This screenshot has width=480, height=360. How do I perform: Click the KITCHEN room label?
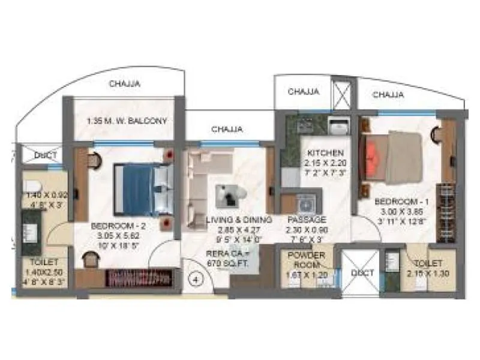[x=322, y=153]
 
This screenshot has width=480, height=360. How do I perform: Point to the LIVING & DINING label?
[x=239, y=220]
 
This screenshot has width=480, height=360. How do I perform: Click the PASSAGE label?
[x=305, y=220]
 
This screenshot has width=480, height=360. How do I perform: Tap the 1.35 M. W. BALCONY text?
[x=126, y=121]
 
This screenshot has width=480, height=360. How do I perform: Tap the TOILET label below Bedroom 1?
[x=428, y=263]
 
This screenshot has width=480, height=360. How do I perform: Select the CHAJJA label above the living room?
[x=227, y=129]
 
